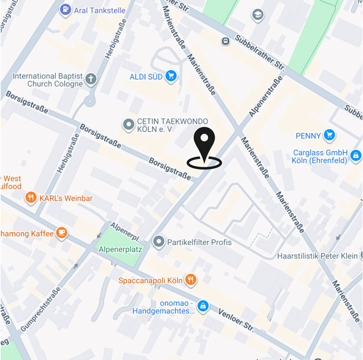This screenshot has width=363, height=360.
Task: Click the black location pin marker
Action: pos(204,145)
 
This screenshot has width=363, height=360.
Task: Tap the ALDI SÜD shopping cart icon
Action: pos(171,76)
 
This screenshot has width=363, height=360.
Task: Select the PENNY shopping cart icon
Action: pos(330,135)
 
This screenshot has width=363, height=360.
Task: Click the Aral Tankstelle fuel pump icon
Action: pos(65,9)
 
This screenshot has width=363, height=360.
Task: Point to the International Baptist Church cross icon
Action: pos(91,80)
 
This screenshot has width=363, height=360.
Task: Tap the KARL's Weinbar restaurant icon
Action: pos(31,198)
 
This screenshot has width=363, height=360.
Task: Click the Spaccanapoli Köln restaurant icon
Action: pos(190,280)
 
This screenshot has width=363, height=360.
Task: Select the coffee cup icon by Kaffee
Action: pos(62,233)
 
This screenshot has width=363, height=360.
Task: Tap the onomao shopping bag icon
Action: pos(203,306)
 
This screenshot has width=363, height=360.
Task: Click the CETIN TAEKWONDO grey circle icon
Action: pos(129,125)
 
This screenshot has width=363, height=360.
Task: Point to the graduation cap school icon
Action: pos(257,15)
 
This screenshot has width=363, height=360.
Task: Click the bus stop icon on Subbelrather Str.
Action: pos(225,41)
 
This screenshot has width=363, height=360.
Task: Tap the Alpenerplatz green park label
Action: pos(118,250)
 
